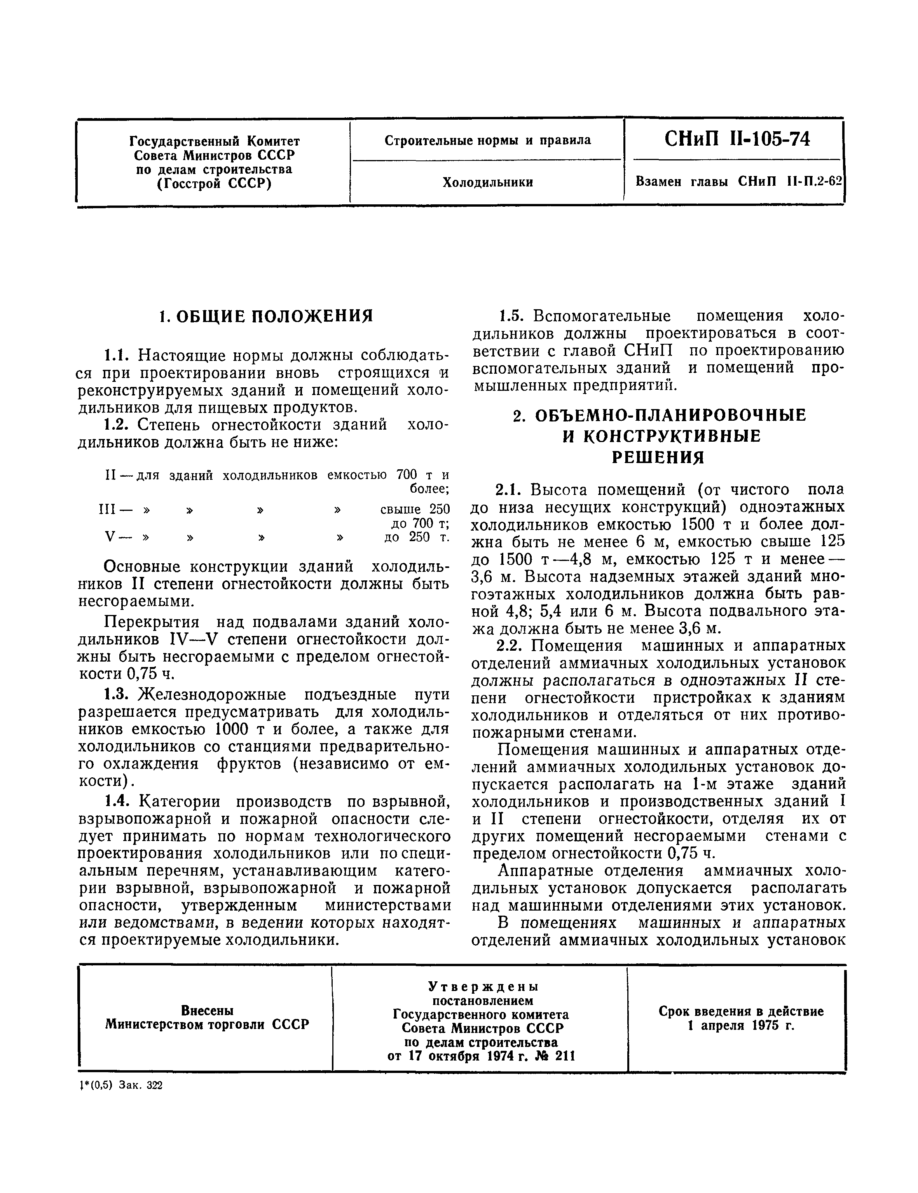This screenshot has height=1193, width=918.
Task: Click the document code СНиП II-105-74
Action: point(737,139)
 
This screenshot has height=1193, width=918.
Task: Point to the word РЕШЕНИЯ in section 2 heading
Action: point(657,457)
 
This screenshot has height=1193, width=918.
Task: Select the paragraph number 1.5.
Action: point(511,316)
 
